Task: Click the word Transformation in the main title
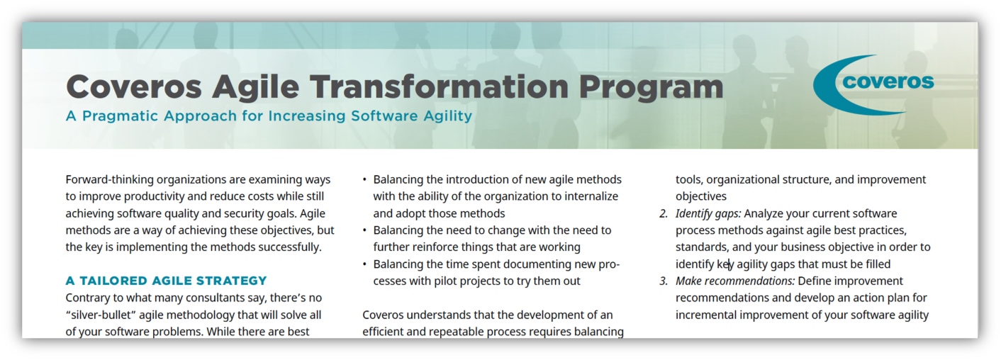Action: tap(440, 86)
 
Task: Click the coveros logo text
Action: tap(888, 81)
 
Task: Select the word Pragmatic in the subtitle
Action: tap(121, 116)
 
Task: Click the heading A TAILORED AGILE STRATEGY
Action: tap(166, 281)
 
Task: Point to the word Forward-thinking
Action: tap(109, 180)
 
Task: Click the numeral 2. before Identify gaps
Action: tap(664, 213)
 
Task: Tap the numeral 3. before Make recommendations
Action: tap(664, 281)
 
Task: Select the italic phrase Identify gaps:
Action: tap(708, 214)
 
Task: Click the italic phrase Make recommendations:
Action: tap(735, 281)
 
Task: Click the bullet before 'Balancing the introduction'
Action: tap(364, 180)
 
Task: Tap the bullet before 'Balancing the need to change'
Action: tap(364, 230)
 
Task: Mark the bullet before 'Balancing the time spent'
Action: tap(364, 264)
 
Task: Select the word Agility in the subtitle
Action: tap(448, 117)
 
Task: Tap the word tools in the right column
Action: tap(688, 180)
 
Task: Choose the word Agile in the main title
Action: tap(255, 88)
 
